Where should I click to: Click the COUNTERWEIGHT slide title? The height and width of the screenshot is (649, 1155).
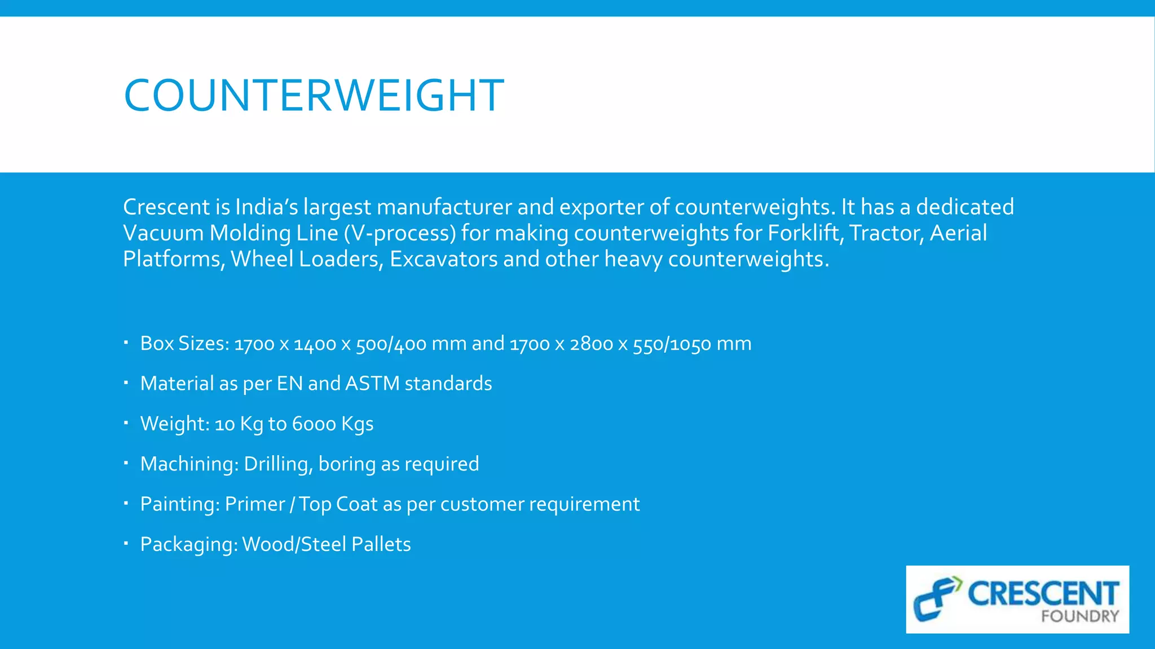point(314,95)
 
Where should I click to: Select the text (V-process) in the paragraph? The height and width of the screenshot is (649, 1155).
point(399,233)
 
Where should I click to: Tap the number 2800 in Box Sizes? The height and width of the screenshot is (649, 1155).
point(591,344)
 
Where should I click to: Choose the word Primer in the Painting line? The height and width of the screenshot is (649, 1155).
point(255,504)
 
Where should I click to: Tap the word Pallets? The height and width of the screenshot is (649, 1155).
point(381,544)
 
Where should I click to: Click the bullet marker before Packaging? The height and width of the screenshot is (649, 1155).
point(126,544)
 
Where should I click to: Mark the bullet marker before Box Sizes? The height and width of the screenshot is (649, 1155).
point(126,343)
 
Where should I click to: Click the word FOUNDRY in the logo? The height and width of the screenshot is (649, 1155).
point(1079,616)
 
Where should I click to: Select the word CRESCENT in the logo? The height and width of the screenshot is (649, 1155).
point(1043,593)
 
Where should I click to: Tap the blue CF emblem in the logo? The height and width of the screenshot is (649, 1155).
point(936,598)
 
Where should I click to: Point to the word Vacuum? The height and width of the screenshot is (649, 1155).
point(163,233)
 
